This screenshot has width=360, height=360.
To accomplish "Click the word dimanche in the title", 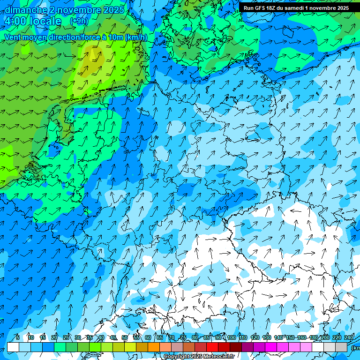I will click(26, 10).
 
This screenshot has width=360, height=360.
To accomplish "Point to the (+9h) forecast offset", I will click(79, 21).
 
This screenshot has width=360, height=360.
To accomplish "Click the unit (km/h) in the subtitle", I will click(136, 37).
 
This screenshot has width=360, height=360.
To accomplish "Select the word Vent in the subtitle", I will click(14, 37).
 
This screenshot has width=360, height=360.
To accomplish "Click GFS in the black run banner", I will click(260, 8).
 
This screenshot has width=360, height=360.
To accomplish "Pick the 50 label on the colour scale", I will click(125, 337).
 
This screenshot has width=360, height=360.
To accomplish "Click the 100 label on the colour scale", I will click(231, 337).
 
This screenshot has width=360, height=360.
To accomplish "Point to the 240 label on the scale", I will click(349, 337).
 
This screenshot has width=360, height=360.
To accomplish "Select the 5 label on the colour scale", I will click(17, 337).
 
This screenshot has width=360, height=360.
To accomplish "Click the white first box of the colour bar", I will click(13, 347).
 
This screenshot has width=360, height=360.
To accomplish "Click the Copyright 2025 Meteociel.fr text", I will click(198, 356).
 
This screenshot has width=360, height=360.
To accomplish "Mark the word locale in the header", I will click(45, 22).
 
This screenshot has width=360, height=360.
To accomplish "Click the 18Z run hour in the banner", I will click(272, 8).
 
